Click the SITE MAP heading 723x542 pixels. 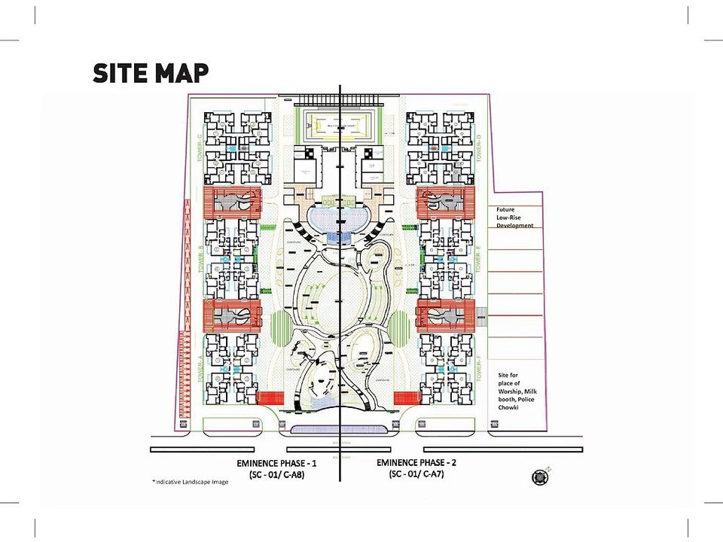click(151, 73)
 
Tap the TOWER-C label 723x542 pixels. click(200, 148)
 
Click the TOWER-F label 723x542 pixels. click(479, 370)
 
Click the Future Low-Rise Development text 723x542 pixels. click(514, 218)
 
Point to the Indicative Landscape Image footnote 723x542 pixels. click(190, 482)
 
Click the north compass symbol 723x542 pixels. click(540, 476)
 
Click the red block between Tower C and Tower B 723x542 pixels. click(233, 203)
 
